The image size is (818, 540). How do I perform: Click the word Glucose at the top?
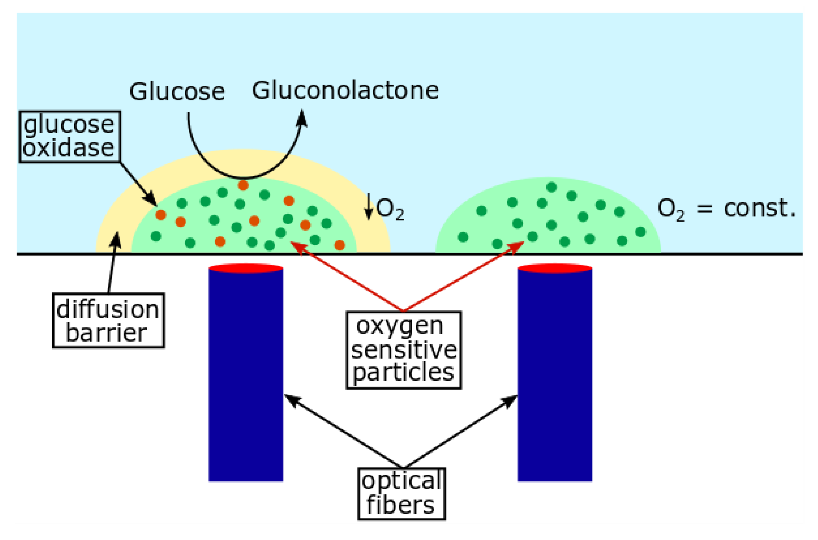[x=177, y=92]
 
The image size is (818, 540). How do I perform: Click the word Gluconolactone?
[x=345, y=91]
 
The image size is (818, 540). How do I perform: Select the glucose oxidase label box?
[x=69, y=137]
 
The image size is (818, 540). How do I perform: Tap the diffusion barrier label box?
[x=108, y=321]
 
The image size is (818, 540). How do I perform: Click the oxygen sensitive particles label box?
[x=403, y=350]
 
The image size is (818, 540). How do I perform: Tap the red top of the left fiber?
[x=246, y=268]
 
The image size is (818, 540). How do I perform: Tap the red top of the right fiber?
[x=554, y=268]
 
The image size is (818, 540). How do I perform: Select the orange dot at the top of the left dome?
[x=243, y=185]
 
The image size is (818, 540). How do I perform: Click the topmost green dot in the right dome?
[x=551, y=187]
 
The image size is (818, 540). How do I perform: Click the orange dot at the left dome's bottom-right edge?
[x=340, y=245]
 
